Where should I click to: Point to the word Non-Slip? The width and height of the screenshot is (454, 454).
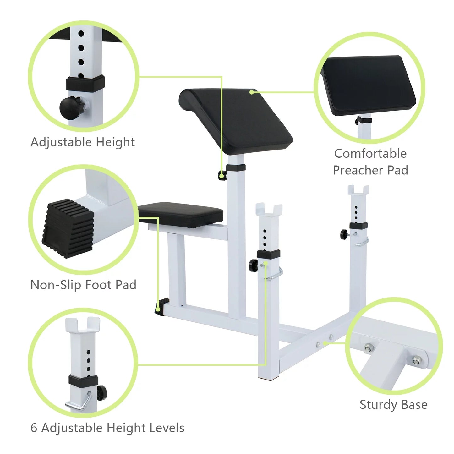point(56,285)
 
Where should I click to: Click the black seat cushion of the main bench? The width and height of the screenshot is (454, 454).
point(180,214)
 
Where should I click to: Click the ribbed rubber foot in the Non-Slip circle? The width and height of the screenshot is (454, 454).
point(68,228)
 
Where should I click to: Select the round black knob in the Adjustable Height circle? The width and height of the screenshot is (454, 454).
point(70,107)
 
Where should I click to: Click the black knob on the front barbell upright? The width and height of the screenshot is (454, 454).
point(253,265)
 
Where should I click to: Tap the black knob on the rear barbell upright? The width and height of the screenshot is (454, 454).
point(344,234)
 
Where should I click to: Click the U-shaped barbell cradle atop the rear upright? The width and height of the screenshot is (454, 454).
point(358,191)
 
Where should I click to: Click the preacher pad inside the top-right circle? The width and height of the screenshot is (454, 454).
point(369,85)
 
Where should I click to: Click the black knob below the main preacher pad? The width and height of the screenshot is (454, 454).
point(222,176)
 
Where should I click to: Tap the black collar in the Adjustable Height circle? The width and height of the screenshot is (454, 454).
point(85,83)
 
